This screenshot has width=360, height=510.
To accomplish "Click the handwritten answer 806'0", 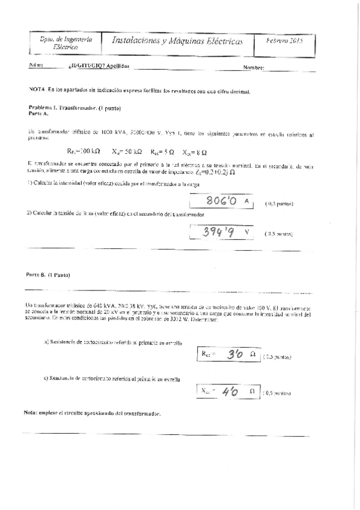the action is tap(219, 201).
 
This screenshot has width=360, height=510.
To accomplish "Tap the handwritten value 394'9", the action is tap(218, 232).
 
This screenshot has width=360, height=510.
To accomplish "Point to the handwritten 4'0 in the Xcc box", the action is tap(230, 392).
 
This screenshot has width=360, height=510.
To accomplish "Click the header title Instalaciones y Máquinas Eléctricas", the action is tap(178, 41).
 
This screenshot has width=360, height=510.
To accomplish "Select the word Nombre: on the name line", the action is tap(254, 68).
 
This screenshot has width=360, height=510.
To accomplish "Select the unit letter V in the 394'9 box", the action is tap(246, 231).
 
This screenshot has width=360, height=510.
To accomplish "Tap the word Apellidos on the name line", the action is tap(118, 66).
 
